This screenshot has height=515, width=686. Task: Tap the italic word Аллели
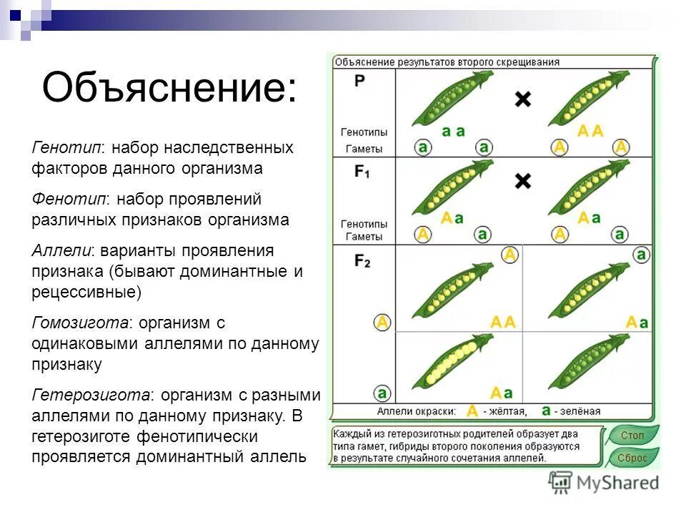[63, 250]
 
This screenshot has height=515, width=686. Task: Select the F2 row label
[362, 262]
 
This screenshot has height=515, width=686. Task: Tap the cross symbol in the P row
[523, 100]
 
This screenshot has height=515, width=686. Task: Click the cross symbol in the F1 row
[523, 182]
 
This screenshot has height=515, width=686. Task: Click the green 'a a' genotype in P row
[453, 131]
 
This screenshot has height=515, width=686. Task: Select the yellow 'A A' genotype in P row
[590, 131]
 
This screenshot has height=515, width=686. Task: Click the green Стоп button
[632, 436]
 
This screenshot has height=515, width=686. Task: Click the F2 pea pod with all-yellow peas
[452, 364]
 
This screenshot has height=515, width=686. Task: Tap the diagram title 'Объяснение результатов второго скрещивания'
[447, 62]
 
